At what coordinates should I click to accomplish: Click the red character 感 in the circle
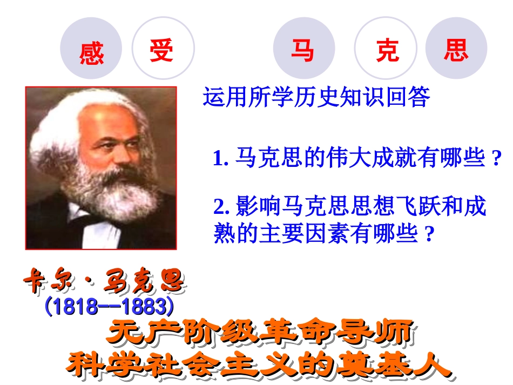pyautogui.click(x=91, y=53)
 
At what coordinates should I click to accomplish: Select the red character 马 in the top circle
pyautogui.click(x=303, y=50)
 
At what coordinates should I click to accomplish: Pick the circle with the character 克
pyautogui.click(x=387, y=50)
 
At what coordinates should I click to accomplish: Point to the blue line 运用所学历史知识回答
pyautogui.click(x=316, y=98)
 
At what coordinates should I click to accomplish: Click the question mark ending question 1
pyautogui.click(x=497, y=159)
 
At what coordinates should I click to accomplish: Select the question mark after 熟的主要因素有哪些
pyautogui.click(x=430, y=235)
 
